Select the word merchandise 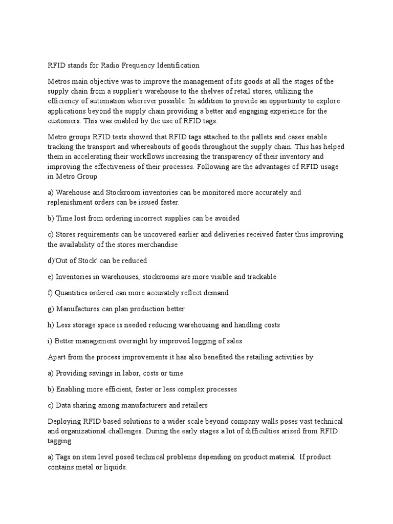[x=154, y=245]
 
